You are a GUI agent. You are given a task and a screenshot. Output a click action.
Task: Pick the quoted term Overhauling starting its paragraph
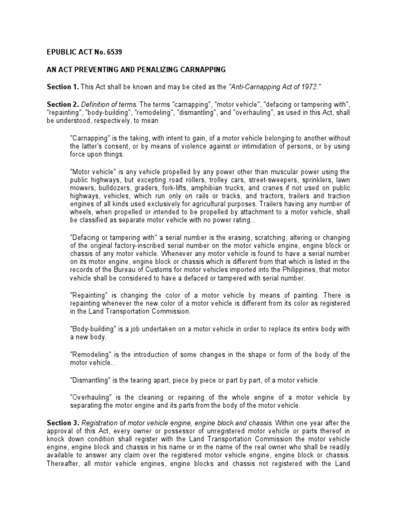91,397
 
